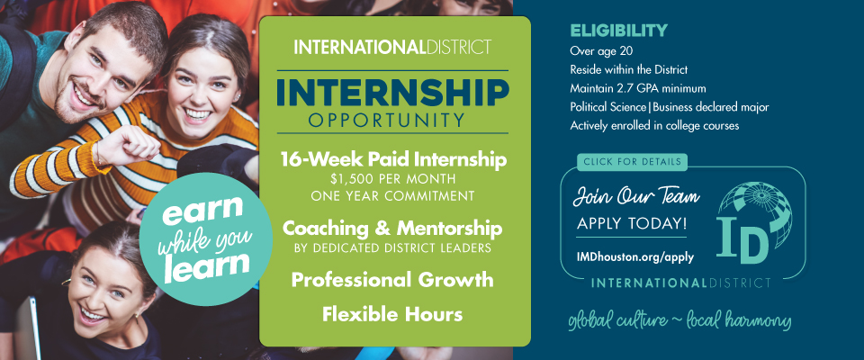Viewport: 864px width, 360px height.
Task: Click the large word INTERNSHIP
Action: pyautogui.click(x=392, y=94)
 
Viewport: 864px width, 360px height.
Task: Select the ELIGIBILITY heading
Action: pyautogui.click(x=618, y=31)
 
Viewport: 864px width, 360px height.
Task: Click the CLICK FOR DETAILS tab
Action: pyautogui.click(x=632, y=161)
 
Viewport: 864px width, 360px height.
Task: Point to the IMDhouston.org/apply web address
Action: pyautogui.click(x=635, y=256)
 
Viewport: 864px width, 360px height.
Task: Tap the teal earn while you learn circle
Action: pyautogui.click(x=205, y=238)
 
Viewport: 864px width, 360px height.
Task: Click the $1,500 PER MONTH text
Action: pyautogui.click(x=392, y=180)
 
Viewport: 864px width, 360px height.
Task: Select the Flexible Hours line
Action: pyautogui.click(x=392, y=314)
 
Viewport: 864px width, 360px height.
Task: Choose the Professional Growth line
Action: pyautogui.click(x=392, y=280)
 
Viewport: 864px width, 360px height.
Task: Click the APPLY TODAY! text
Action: pyautogui.click(x=632, y=224)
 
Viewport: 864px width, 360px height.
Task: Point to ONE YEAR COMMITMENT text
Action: pyautogui.click(x=392, y=195)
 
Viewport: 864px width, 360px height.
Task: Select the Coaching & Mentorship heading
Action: pyautogui.click(x=392, y=229)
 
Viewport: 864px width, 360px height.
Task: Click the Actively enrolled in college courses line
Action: pyautogui.click(x=654, y=126)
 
